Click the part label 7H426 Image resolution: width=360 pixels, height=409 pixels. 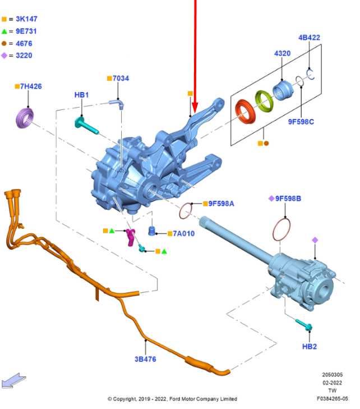[31, 86]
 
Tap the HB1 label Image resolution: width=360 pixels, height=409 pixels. [82, 95]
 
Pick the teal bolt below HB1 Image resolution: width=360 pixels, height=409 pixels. [86, 126]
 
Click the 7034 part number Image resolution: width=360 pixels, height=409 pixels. [121, 78]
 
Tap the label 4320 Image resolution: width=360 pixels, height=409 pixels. [282, 53]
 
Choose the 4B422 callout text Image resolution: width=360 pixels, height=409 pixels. [309, 37]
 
